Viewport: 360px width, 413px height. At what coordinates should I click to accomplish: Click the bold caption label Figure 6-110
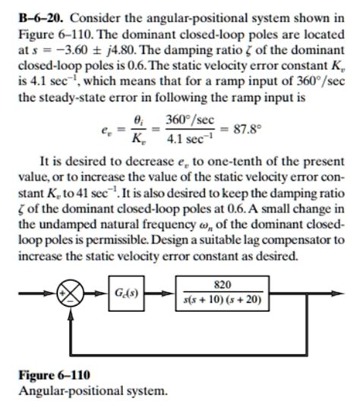(x=49, y=377)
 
